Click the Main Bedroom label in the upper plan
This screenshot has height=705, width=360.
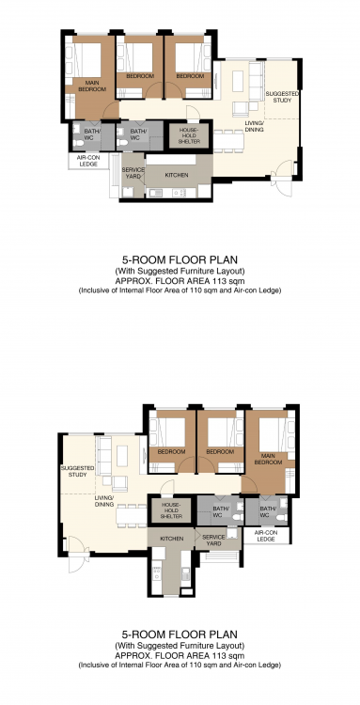pos(92,86)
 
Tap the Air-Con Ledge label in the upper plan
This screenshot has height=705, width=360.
pos(88,161)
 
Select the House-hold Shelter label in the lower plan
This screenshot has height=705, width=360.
pos(171,510)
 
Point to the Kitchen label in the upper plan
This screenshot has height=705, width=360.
pos(177,176)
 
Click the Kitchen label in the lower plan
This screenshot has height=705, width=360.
pos(171,539)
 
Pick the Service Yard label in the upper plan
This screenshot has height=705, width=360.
pos(133,173)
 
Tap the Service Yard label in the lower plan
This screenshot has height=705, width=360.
pos(213,540)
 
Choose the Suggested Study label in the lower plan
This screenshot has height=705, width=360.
pos(77,471)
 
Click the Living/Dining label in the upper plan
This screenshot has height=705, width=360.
pos(255,126)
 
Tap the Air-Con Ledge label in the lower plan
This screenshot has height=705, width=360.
pos(266,536)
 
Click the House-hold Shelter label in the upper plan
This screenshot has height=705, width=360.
pos(188,135)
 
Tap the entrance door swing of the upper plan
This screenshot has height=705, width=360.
pos(283,179)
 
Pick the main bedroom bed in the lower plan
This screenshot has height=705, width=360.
pos(274,434)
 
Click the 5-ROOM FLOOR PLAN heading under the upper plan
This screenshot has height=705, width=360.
pos(180,259)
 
